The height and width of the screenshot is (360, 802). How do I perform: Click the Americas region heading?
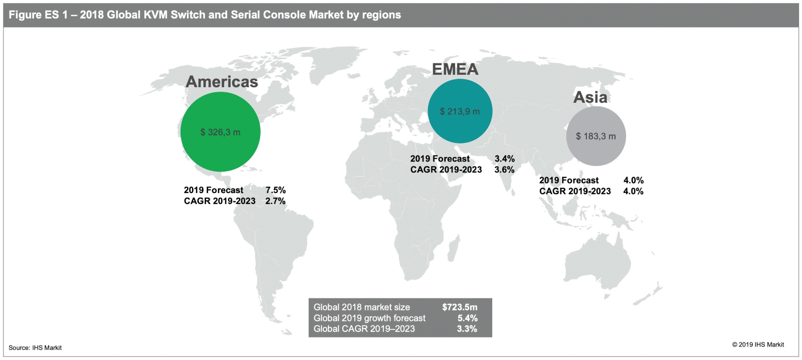[x=222, y=82]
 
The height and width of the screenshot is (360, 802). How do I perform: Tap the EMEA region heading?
[x=455, y=69]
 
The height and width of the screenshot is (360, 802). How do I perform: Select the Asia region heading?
[x=590, y=97]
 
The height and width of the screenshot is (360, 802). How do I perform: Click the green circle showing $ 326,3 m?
[x=221, y=132]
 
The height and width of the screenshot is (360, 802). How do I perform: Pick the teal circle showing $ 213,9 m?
[x=460, y=111]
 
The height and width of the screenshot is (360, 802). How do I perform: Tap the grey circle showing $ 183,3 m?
[x=595, y=136]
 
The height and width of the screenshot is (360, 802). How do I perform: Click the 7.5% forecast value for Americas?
[x=275, y=190]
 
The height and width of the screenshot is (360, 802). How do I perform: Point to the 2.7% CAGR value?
[x=275, y=201]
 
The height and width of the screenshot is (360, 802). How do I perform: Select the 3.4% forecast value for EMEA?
[x=504, y=159]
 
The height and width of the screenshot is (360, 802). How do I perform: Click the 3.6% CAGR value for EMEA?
[x=504, y=169]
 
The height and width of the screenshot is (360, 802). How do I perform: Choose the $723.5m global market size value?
[x=459, y=307]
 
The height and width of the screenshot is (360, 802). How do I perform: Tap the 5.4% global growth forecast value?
[x=467, y=318]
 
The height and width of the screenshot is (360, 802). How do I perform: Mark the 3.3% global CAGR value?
[x=467, y=329]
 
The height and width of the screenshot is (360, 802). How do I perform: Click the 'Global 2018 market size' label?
[x=361, y=307]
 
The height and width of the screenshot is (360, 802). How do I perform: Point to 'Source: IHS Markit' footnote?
[x=35, y=348]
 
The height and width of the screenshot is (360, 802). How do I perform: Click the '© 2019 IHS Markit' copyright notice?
[x=758, y=344]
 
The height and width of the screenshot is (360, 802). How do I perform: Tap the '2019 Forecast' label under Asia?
[x=568, y=181]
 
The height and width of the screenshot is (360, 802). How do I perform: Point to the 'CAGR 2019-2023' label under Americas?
[x=220, y=201]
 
